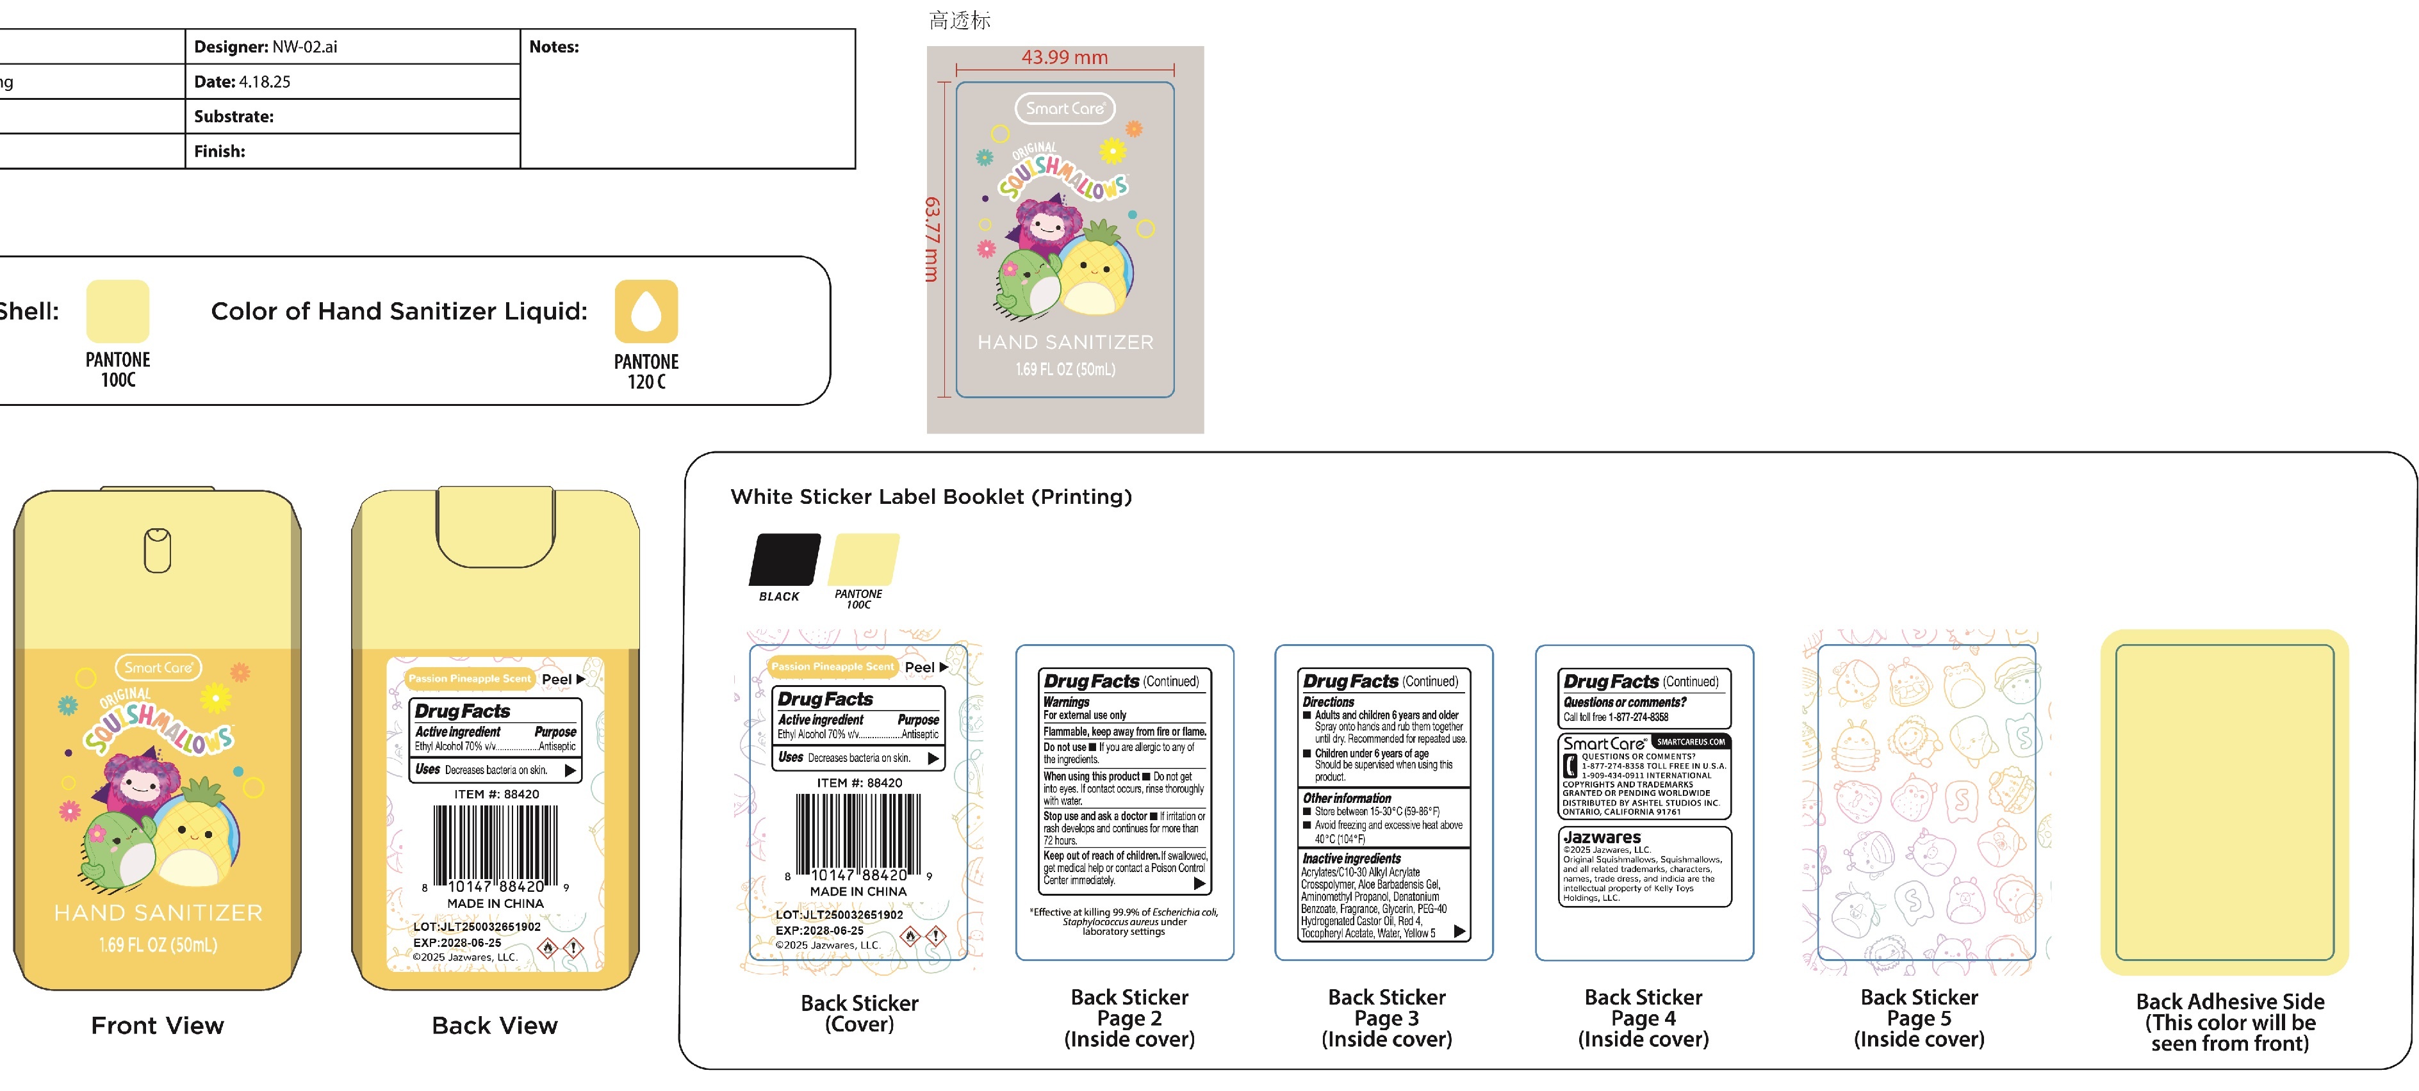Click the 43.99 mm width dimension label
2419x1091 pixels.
(1064, 57)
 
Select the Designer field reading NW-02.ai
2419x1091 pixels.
(266, 47)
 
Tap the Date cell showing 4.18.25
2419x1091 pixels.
(242, 82)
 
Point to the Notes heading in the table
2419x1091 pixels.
(554, 47)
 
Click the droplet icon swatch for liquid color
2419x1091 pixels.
(646, 311)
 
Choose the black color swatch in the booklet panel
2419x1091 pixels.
(784, 560)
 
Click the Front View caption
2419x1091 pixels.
(158, 1025)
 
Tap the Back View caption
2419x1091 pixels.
(495, 1025)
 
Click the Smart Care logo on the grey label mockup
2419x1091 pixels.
(1065, 108)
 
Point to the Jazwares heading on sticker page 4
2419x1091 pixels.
(1602, 837)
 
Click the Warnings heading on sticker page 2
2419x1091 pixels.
(1067, 701)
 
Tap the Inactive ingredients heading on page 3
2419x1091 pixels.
(1351, 858)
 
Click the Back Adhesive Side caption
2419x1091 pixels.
(2229, 1022)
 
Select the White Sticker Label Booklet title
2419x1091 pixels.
(931, 497)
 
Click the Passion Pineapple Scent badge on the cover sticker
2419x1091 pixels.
(833, 667)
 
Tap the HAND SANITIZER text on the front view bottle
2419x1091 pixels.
(158, 912)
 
